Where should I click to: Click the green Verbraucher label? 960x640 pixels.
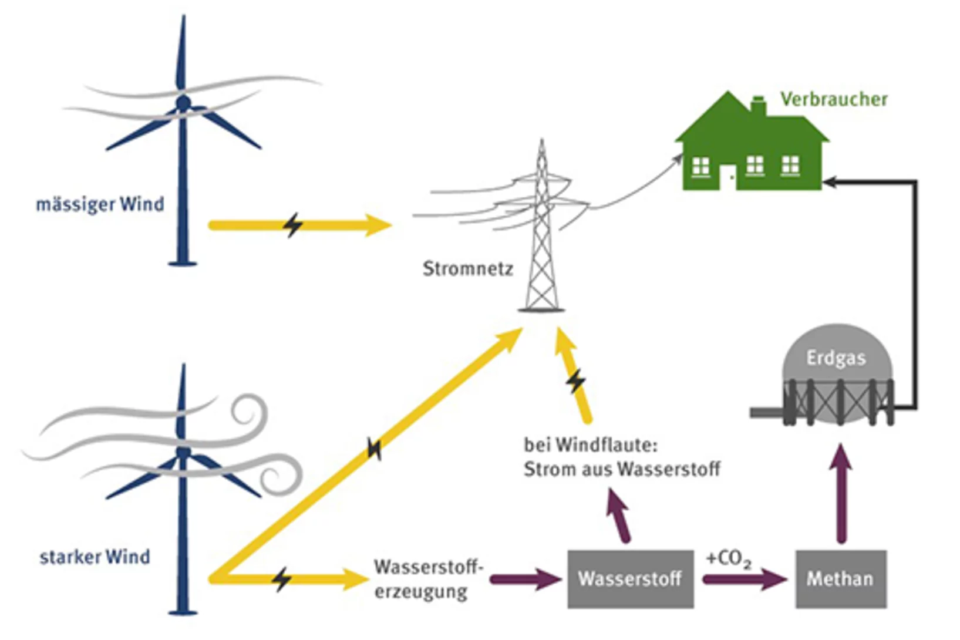833,99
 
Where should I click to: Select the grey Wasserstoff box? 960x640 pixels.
630,579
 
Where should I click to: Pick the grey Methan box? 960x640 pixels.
840,579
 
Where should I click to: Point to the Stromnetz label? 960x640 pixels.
467,269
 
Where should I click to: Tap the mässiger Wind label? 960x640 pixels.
100,204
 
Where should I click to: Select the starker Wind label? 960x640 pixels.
95,557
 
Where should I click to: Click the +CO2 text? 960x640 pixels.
728,558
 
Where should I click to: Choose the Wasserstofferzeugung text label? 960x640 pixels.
427,579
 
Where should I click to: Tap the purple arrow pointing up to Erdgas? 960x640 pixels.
841,493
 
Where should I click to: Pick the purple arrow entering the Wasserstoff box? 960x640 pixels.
524,580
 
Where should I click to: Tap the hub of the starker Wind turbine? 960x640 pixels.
183,453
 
